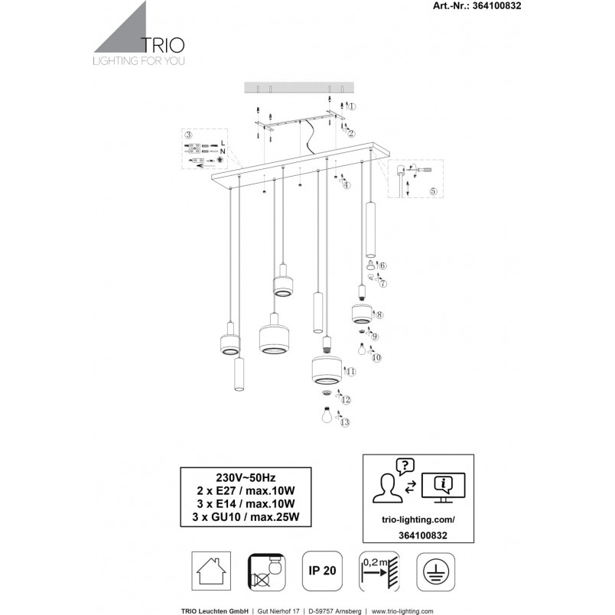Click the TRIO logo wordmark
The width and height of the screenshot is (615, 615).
pos(162,45)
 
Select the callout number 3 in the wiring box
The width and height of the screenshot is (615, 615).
pos(189,135)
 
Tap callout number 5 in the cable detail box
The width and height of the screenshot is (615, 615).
pos(433,191)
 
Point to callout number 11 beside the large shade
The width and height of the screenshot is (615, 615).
pos(351,372)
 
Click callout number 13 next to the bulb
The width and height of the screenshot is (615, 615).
pos(345,422)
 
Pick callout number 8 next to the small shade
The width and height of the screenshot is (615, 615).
pos(379,314)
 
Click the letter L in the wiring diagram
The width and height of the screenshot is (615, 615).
pos(223,143)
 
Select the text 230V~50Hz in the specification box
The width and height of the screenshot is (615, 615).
pos(246,478)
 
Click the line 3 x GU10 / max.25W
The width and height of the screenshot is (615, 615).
pos(246,517)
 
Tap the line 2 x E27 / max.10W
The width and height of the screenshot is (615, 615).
pos(246,490)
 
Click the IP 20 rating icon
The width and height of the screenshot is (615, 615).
pos(322,571)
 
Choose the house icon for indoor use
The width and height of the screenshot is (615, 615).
pos(211,571)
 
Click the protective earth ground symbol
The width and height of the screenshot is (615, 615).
pos(436,571)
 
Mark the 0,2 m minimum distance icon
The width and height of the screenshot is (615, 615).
pos(379,571)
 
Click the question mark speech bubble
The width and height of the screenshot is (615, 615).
pos(405,467)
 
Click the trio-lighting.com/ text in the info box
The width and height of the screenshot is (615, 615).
pos(418,519)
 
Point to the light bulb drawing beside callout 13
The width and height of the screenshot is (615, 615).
pos(327,415)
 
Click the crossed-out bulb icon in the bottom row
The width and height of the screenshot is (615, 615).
pos(267,572)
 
